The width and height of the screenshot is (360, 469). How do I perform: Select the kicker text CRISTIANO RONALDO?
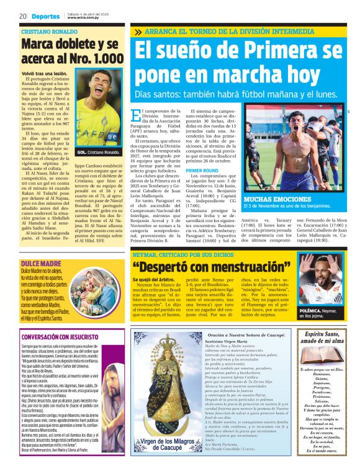[49, 31]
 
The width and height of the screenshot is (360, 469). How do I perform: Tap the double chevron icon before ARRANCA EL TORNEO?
[137, 31]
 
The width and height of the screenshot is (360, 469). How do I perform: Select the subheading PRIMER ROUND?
[202, 170]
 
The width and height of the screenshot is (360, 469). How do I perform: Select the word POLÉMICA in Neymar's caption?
[311, 309]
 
